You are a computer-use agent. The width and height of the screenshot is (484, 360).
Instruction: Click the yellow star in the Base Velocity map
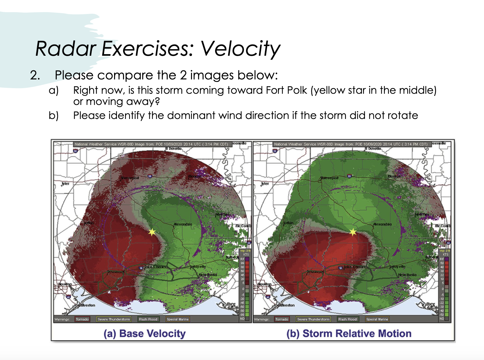(x=152, y=232)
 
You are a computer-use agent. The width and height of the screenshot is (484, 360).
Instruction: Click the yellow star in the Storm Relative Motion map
(x=352, y=232)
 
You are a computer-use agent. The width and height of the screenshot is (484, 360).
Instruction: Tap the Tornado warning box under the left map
(x=82, y=319)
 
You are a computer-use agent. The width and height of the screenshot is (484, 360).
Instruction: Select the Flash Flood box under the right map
(x=347, y=319)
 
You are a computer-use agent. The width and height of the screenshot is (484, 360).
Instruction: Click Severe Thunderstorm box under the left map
(x=114, y=319)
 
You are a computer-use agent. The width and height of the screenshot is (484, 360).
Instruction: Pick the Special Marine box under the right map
(x=377, y=319)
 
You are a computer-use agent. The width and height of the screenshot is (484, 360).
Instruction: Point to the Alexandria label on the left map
(x=183, y=224)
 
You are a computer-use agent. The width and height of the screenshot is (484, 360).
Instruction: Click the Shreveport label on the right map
(x=329, y=178)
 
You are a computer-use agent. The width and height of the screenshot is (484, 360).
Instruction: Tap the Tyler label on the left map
(x=65, y=184)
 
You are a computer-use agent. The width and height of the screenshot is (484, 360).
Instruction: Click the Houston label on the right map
(x=265, y=284)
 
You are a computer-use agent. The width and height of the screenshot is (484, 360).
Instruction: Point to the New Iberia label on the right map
(x=407, y=275)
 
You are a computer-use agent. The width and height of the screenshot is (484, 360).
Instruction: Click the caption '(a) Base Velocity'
(x=145, y=334)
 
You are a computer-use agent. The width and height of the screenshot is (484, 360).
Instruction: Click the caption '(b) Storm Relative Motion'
(x=349, y=334)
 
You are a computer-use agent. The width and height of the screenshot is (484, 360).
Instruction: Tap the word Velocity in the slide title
(x=240, y=49)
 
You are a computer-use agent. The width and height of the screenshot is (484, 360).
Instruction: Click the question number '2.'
(x=35, y=75)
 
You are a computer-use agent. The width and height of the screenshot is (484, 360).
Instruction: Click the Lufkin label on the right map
(x=288, y=223)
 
